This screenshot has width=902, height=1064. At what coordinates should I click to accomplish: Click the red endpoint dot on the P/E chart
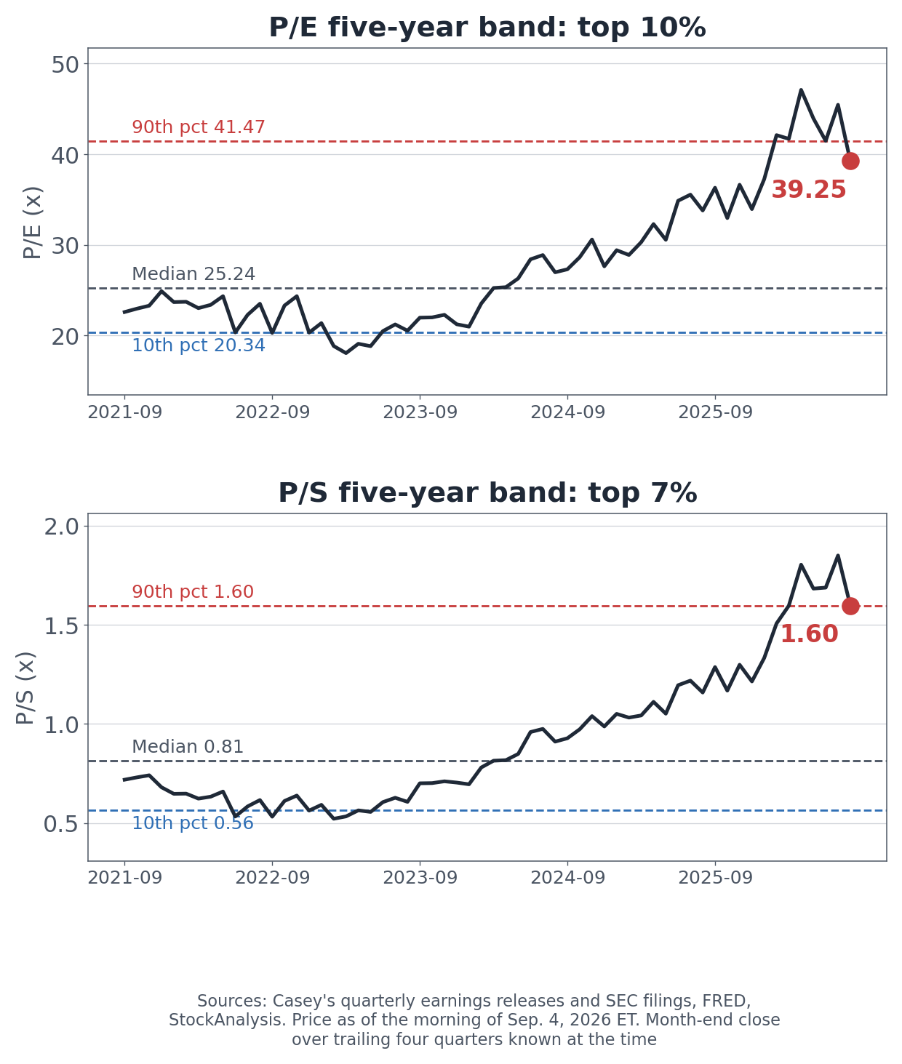850,161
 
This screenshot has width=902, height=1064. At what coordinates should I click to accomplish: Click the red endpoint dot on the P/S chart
850,606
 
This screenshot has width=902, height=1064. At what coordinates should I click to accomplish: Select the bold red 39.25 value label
808,189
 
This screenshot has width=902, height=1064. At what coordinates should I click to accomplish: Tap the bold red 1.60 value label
810,634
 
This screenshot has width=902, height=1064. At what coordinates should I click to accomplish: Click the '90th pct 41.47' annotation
198,127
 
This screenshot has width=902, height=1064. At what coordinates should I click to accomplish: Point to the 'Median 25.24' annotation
193,274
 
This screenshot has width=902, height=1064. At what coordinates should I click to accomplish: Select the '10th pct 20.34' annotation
198,345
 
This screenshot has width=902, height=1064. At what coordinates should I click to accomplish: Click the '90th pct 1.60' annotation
193,591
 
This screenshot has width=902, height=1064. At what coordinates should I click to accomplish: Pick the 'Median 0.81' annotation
188,746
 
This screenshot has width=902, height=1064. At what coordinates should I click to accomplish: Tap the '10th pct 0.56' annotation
193,823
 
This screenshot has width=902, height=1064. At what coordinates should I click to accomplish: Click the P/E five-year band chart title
487,28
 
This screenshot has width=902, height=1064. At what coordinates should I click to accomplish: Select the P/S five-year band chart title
487,493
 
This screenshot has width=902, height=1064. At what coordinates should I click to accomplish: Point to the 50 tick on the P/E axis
65,65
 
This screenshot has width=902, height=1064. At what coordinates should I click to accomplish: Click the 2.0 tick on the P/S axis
61,527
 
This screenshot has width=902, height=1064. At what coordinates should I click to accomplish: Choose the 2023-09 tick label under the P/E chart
420,412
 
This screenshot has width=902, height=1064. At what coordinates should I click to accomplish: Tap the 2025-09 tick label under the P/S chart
715,878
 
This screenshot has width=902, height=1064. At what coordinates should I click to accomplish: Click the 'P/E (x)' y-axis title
32,223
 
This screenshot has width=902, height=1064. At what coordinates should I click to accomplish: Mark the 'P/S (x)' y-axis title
25,688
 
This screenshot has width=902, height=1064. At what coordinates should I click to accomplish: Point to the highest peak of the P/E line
801,90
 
